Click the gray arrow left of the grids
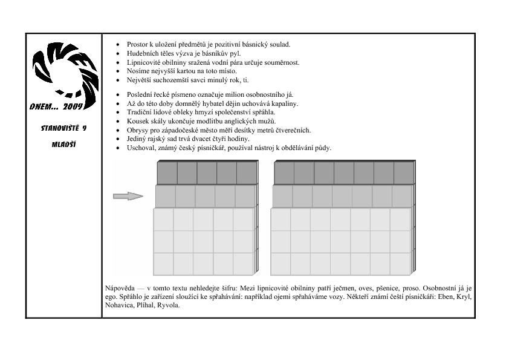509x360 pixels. pos(128,195)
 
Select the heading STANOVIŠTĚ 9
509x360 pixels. pos(63,128)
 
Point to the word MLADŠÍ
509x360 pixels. pos(63,145)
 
